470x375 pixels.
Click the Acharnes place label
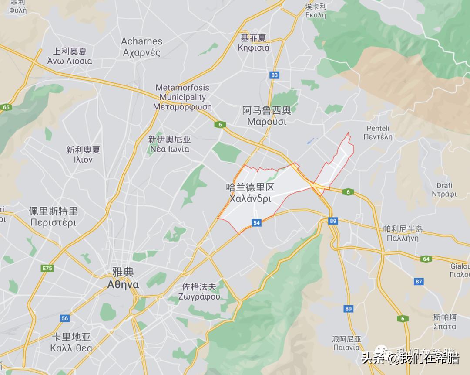(x=141, y=42)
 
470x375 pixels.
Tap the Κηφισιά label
(x=254, y=48)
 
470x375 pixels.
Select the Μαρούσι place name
(x=267, y=122)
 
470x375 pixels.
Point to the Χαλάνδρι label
(x=250, y=199)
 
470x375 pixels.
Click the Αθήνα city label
(x=123, y=285)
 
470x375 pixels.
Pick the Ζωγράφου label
(x=199, y=297)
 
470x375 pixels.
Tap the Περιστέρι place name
(x=53, y=222)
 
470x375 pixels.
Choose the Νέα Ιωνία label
(x=170, y=149)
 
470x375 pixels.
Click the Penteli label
(x=378, y=128)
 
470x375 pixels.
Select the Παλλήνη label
(x=403, y=239)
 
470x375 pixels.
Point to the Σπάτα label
(x=445, y=326)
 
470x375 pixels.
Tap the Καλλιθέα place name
(x=71, y=348)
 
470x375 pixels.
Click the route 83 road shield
(x=274, y=75)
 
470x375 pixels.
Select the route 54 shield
(x=256, y=223)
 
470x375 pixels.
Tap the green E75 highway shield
(x=47, y=268)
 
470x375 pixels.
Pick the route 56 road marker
(x=65, y=318)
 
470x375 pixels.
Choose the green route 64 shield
(x=426, y=259)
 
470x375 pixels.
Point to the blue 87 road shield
(x=419, y=282)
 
